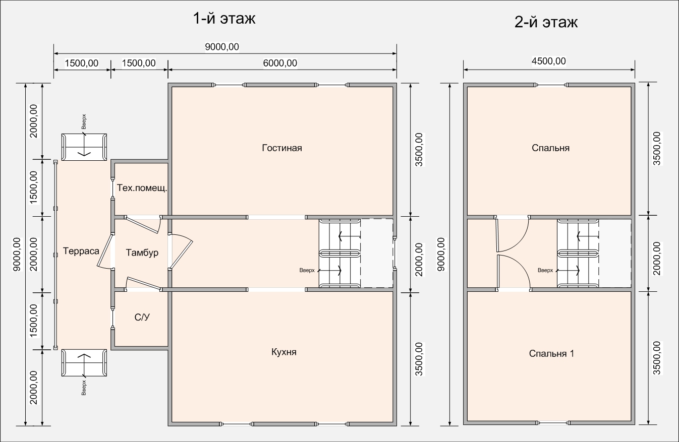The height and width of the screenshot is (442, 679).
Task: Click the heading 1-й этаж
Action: (x=224, y=19)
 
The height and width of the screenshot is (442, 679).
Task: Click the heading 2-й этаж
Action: (x=546, y=22)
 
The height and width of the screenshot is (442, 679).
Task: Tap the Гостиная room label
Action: (x=282, y=148)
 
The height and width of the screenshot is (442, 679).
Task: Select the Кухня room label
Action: (x=284, y=352)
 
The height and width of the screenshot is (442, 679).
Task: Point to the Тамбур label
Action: (x=142, y=252)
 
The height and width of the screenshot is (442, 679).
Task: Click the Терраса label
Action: (x=81, y=251)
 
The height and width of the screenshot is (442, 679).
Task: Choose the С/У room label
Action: (x=142, y=317)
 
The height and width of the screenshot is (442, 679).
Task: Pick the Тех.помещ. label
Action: (x=142, y=188)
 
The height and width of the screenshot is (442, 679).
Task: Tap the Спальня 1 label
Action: (x=551, y=353)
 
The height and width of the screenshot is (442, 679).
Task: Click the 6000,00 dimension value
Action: (x=280, y=63)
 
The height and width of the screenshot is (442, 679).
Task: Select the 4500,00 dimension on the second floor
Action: (x=549, y=61)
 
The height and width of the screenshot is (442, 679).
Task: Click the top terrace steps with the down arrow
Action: (x=84, y=147)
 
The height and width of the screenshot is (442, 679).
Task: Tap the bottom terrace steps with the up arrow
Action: (x=84, y=363)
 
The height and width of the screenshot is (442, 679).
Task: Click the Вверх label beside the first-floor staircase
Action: (x=307, y=270)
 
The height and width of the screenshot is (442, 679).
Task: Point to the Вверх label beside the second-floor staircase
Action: (x=545, y=270)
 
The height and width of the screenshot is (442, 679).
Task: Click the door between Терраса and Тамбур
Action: (x=104, y=251)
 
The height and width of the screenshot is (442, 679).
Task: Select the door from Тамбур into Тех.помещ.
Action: (x=142, y=224)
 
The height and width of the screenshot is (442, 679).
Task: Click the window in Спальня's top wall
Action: (x=551, y=85)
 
